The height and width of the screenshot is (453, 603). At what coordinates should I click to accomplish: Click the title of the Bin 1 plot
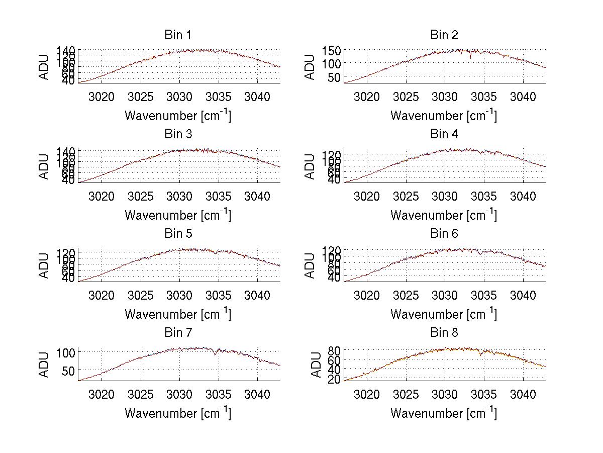click(177, 35)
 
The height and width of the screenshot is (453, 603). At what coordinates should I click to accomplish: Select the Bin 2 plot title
click(444, 35)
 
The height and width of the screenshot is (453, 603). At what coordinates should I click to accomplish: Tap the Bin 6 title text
click(444, 233)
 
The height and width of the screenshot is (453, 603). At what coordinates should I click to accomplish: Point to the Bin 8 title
click(444, 332)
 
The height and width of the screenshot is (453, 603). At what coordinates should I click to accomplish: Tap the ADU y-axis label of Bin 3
click(45, 166)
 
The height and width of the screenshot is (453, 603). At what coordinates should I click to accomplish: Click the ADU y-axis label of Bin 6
click(311, 265)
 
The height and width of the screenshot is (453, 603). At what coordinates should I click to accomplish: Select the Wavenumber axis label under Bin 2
click(444, 116)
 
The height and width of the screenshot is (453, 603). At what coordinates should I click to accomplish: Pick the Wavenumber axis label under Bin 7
click(178, 413)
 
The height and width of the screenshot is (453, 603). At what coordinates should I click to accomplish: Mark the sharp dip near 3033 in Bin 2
click(470, 57)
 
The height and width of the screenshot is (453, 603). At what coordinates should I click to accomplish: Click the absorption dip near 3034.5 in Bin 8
click(481, 355)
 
